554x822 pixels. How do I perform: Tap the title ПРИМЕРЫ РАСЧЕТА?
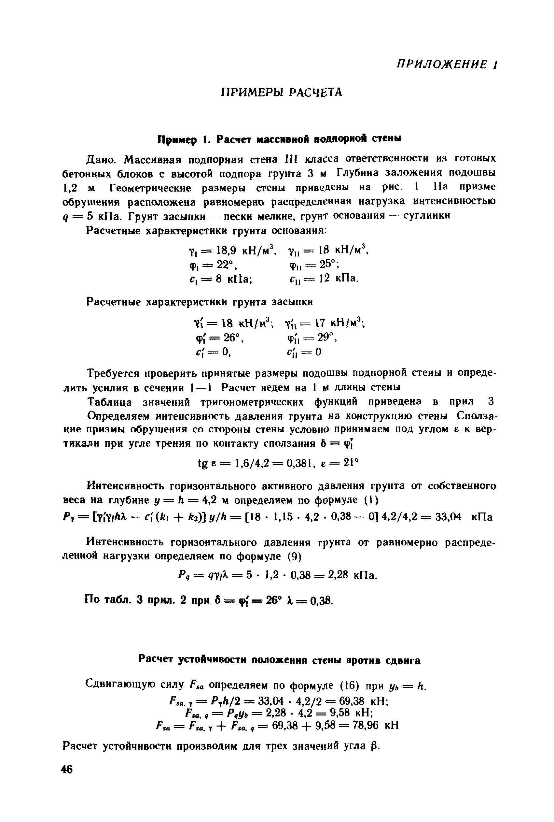[x=281, y=92]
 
